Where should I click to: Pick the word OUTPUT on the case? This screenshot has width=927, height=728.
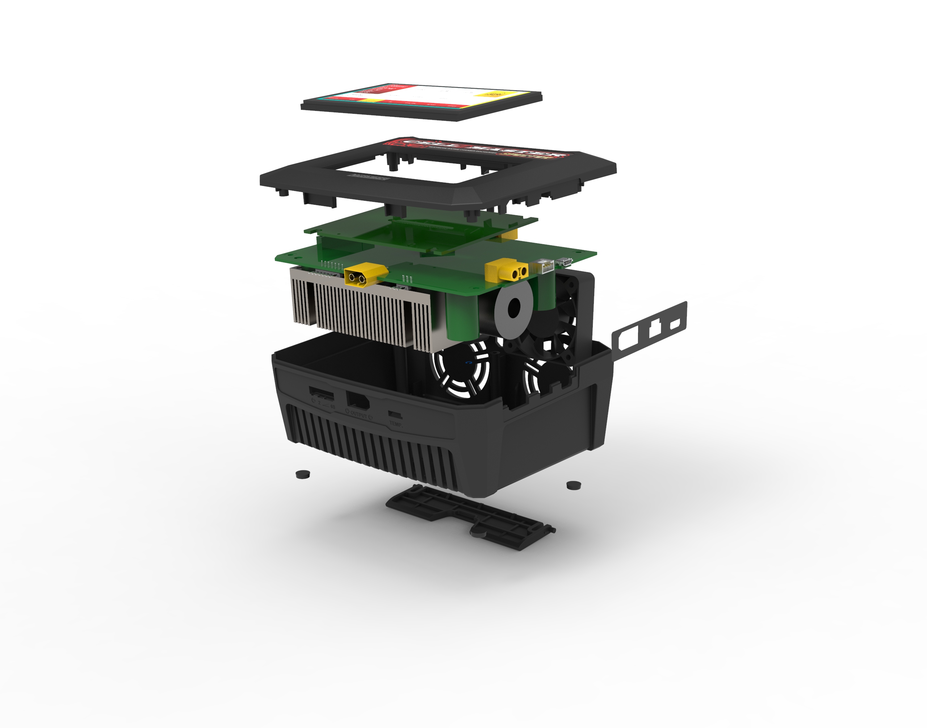358,415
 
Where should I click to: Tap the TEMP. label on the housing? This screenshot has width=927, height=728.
395,424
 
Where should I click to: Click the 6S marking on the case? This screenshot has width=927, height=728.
332,407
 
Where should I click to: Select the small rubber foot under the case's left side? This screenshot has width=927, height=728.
303,474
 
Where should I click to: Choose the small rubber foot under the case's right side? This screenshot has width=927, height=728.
574,485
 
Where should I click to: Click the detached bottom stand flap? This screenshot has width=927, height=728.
469,516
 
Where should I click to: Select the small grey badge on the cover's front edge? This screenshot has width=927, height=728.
368,177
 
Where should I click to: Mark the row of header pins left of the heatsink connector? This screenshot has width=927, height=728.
332,266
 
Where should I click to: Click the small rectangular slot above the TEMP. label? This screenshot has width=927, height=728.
395,413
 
